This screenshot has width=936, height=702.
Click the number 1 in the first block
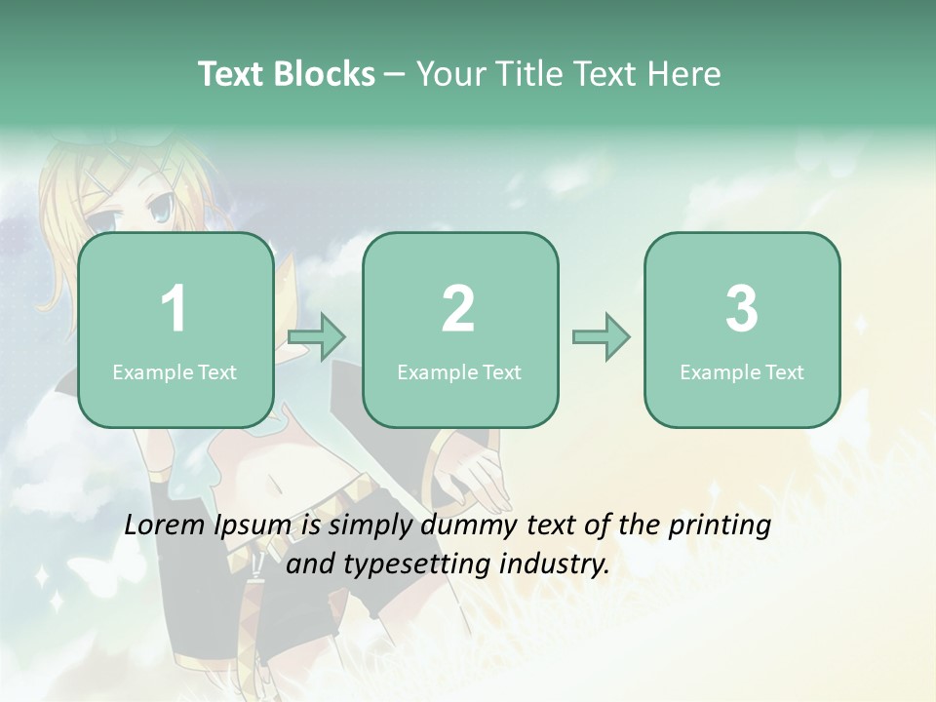[174, 309]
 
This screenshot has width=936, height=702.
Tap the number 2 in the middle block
[458, 309]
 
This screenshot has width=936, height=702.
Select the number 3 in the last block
[741, 309]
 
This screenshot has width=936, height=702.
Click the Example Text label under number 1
[175, 372]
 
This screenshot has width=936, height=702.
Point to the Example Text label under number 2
[459, 372]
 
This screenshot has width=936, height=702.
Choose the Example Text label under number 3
[742, 372]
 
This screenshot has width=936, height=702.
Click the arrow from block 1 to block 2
[317, 338]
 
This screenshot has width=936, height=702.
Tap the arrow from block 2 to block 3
[601, 338]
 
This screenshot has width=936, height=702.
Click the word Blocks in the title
[324, 74]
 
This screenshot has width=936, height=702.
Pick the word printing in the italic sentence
[719, 526]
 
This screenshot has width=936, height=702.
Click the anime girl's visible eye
[160, 207]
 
